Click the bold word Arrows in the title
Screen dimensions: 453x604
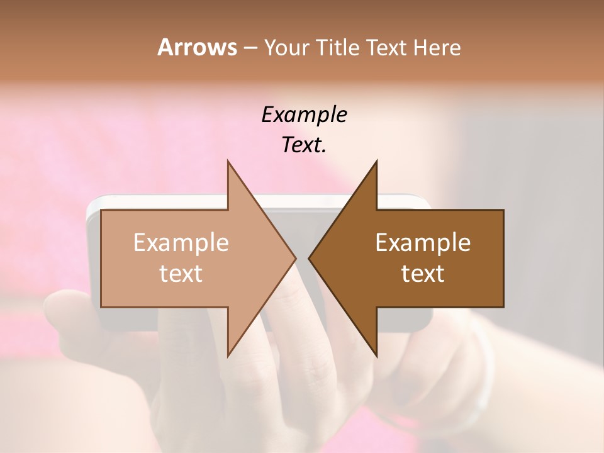tap(197, 47)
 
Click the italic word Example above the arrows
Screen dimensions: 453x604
tap(304, 115)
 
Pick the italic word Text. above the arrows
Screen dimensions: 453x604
tap(304, 145)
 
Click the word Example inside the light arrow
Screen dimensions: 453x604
tap(181, 242)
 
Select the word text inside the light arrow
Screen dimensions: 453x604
tap(181, 273)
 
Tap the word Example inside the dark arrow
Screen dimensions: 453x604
tap(423, 242)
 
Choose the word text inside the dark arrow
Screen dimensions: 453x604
tap(423, 273)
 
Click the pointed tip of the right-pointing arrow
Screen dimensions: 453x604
tap(295, 258)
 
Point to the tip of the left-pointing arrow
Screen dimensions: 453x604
tap(310, 258)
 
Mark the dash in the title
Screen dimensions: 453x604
tap(250, 48)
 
